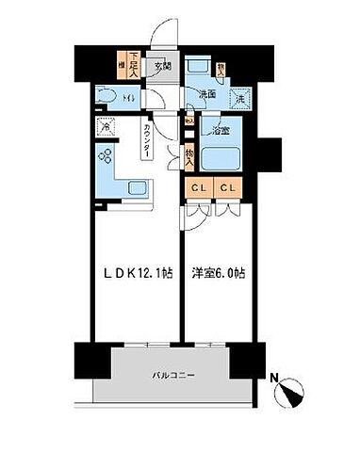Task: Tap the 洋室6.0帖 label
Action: (219, 275)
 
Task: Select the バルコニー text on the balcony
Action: (174, 376)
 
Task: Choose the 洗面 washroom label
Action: (206, 94)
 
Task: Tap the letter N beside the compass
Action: (273, 380)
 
